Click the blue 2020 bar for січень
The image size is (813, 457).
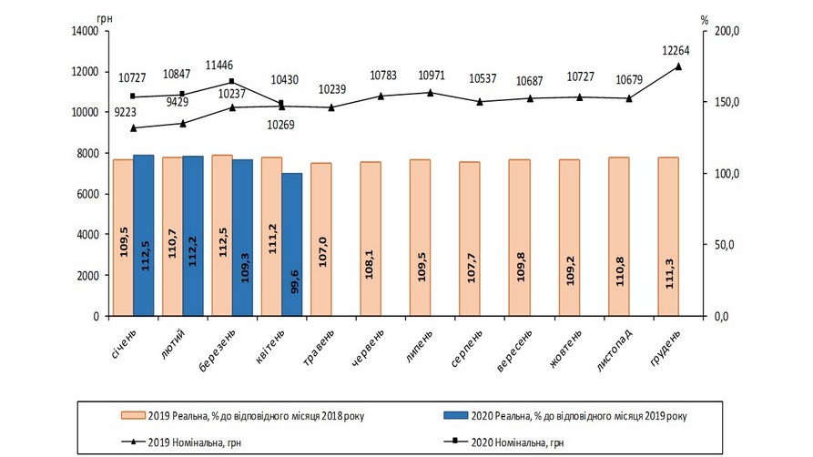[x=143, y=235]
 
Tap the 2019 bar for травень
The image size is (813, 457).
[x=320, y=239]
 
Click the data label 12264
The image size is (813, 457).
[x=677, y=50]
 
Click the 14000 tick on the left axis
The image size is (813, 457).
[x=84, y=31]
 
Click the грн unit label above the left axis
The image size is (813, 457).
[x=100, y=18]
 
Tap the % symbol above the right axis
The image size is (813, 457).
[x=705, y=18]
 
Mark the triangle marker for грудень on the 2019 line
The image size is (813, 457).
[x=677, y=66]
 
